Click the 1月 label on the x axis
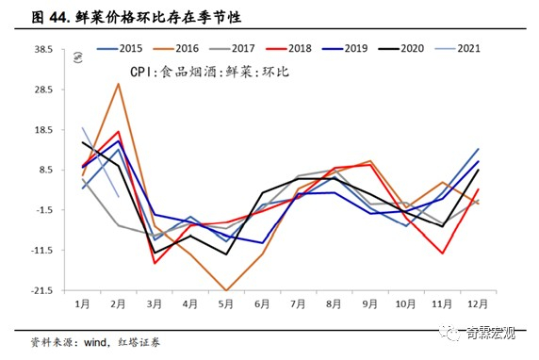83,305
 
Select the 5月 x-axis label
225,305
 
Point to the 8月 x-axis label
335,305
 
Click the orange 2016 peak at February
118,84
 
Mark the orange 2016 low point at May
225,290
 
